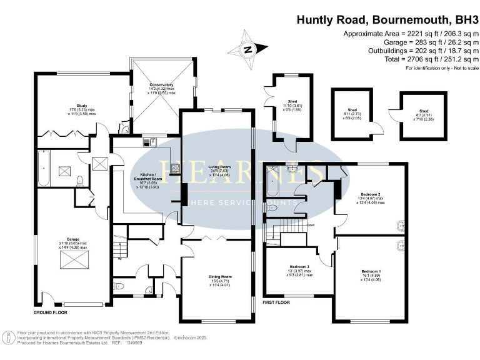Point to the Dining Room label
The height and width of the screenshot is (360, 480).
click(219, 279)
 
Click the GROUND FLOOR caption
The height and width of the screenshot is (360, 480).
click(51, 311)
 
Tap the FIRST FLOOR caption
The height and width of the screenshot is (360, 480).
click(277, 302)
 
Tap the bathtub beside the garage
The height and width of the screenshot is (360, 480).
click(45, 168)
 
